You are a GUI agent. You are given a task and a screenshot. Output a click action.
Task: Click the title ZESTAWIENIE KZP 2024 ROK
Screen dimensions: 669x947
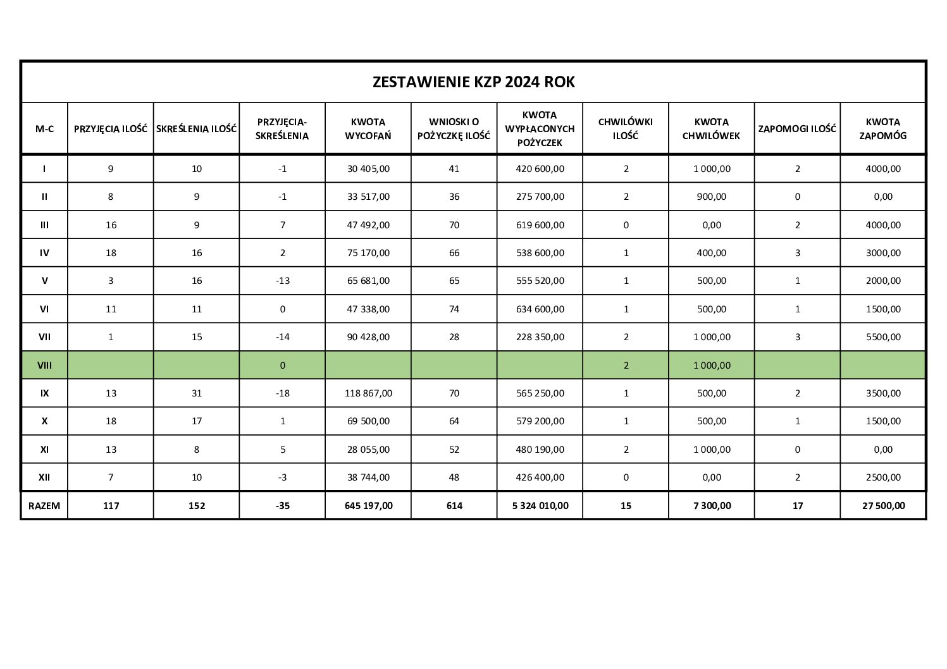pyautogui.click(x=473, y=82)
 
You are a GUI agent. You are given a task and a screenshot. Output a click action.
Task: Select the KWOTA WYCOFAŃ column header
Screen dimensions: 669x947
pyautogui.click(x=368, y=128)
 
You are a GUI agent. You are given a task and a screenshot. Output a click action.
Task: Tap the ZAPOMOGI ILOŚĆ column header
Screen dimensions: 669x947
pyautogui.click(x=797, y=128)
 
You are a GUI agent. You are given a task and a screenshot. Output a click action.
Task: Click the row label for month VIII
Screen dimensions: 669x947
pyautogui.click(x=44, y=365)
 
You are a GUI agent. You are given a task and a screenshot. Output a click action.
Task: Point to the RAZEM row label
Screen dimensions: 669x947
pyautogui.click(x=44, y=505)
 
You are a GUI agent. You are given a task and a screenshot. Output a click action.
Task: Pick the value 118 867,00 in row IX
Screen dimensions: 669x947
pyautogui.click(x=368, y=393)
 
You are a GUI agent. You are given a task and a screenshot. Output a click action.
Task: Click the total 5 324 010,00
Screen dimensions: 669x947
pyautogui.click(x=540, y=505)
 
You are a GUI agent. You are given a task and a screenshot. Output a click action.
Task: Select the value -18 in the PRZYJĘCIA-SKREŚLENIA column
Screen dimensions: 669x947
pyautogui.click(x=282, y=393)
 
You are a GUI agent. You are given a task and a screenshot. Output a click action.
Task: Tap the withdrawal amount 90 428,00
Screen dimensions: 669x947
pyautogui.click(x=368, y=337)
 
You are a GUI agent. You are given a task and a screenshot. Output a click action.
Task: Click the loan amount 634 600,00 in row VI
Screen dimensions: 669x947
pyautogui.click(x=540, y=309)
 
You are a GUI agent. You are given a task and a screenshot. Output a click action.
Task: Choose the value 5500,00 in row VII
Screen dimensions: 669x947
pyautogui.click(x=883, y=337)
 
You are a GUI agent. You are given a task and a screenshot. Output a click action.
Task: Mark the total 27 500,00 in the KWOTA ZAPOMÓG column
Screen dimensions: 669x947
pyautogui.click(x=883, y=505)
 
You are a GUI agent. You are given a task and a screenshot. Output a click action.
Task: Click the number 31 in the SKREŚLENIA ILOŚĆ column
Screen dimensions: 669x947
pyautogui.click(x=197, y=393)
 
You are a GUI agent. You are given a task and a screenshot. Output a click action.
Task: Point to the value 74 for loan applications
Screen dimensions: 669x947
pyautogui.click(x=454, y=309)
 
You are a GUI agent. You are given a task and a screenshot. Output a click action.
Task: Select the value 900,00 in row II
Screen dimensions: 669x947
pyautogui.click(x=712, y=197)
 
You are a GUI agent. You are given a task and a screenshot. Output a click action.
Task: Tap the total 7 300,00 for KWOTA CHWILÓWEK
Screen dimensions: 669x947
pyautogui.click(x=712, y=505)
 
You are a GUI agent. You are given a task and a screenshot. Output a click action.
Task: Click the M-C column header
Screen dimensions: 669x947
pyautogui.click(x=44, y=128)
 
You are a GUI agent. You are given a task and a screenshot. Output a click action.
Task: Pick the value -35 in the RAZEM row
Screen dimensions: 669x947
pyautogui.click(x=282, y=505)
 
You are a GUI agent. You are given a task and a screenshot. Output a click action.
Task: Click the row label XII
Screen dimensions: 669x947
pyautogui.click(x=44, y=477)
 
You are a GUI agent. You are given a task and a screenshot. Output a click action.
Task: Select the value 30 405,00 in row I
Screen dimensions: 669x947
pyautogui.click(x=368, y=169)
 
